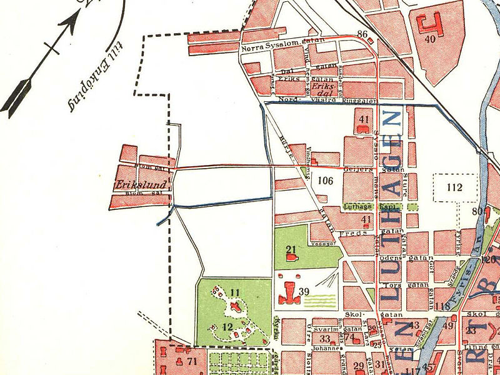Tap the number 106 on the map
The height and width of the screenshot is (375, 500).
tap(326, 181)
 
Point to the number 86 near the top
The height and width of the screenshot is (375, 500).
tap(362, 34)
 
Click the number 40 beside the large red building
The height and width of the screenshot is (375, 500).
tap(429, 39)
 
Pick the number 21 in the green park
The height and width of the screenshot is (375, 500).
tap(291, 250)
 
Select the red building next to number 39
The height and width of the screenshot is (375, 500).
tap(289, 292)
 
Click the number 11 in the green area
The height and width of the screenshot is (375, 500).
tap(234, 292)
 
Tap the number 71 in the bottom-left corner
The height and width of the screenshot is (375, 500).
tap(192, 362)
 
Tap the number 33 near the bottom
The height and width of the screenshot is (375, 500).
tap(325, 339)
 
